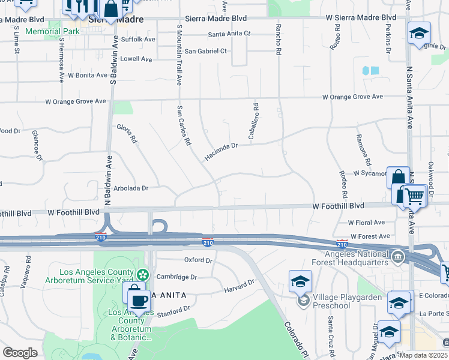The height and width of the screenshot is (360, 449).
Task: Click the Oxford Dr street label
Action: click(x=198, y=260)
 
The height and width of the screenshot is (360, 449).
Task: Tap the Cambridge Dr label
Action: click(x=176, y=277)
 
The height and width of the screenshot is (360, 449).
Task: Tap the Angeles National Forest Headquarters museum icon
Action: click(x=397, y=258)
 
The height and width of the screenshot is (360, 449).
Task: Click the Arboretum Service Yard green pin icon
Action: click(x=142, y=275)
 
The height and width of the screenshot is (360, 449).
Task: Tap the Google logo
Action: click(x=20, y=353)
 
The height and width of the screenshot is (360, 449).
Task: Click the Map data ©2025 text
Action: click(x=423, y=355)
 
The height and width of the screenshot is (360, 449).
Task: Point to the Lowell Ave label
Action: click(x=136, y=59)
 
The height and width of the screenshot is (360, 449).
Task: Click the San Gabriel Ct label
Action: click(x=205, y=51)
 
